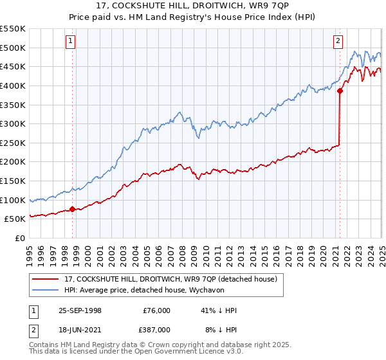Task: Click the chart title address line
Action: point(193,7)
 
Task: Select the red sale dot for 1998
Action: point(72,209)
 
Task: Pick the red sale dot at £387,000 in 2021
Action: point(340,91)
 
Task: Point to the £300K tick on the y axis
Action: point(14,123)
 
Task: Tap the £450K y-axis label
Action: point(14,66)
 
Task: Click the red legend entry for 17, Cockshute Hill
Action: point(170,279)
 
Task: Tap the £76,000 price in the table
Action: point(157,310)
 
